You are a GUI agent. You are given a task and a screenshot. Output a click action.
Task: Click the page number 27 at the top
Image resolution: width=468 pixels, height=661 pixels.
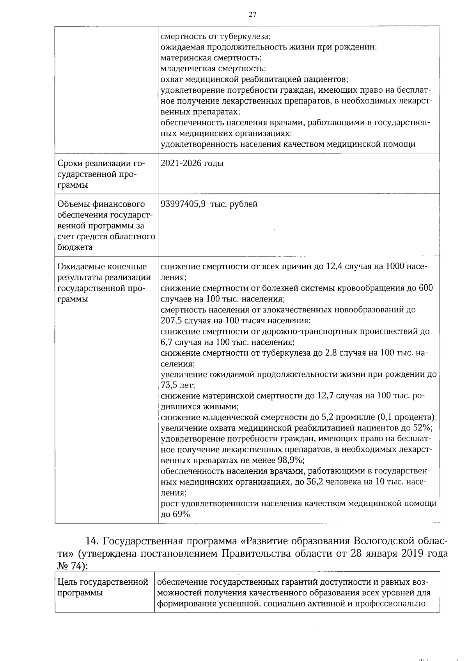click(252, 15)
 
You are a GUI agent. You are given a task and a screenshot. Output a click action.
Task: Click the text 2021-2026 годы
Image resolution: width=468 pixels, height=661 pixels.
click(192, 163)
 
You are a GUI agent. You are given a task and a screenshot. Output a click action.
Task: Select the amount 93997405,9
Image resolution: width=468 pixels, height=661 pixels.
click(183, 204)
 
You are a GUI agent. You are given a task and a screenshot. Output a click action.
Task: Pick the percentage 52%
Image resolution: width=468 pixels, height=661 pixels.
click(422, 428)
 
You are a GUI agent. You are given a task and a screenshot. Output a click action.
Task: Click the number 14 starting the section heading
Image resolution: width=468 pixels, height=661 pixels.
click(92, 542)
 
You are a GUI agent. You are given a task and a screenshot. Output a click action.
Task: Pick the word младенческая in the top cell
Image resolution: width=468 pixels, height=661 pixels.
click(186, 69)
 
